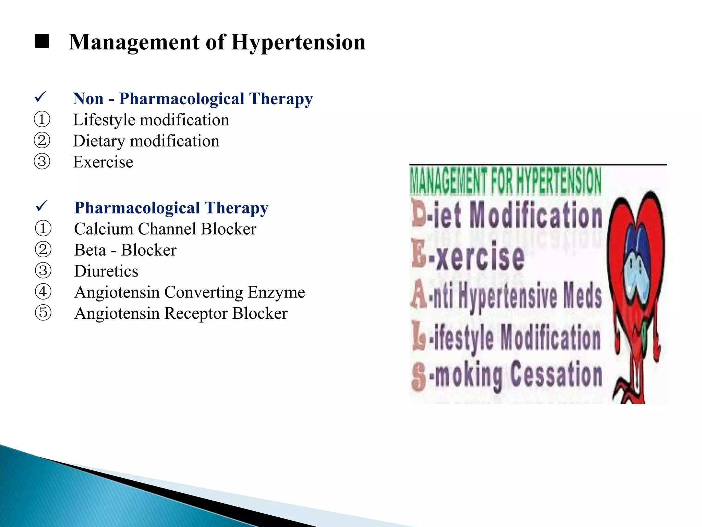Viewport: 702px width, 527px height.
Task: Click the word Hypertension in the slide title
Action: coord(298,43)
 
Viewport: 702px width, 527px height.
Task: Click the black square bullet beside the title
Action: coord(42,42)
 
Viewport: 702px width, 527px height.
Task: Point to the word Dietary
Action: coord(99,141)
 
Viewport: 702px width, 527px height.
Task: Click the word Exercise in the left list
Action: coord(103,162)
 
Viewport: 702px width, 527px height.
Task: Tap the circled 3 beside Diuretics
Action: coord(43,271)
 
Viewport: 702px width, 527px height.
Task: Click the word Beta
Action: coord(90,250)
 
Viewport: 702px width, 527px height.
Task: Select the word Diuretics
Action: coord(106,271)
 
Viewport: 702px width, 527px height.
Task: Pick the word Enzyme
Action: coord(276,293)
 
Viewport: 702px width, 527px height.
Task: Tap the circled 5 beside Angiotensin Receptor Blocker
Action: coord(43,313)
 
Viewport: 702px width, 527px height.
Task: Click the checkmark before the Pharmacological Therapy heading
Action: coord(42,206)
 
